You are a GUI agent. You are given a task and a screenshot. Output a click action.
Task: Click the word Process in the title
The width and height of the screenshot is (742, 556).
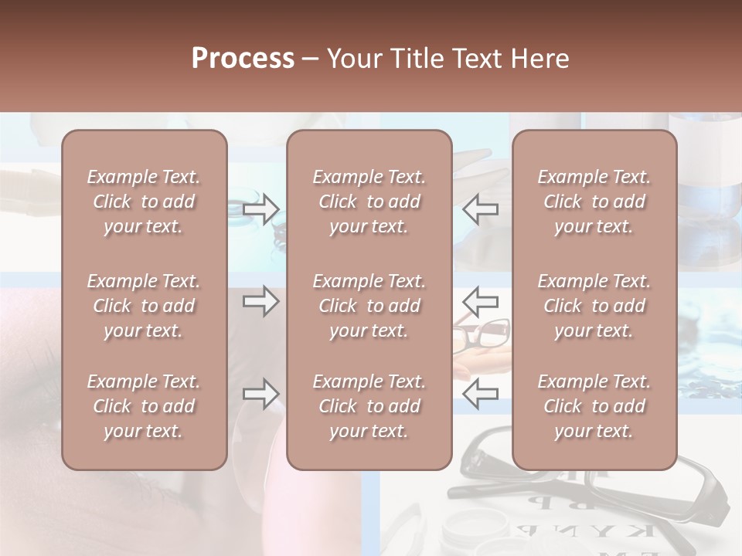click(x=243, y=59)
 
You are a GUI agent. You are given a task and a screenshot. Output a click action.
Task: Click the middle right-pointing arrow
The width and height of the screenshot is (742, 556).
click(x=260, y=301)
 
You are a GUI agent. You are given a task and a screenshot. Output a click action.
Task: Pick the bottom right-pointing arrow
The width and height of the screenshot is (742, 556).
click(x=260, y=394)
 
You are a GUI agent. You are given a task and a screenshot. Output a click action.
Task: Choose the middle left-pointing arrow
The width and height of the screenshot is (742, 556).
click(x=480, y=301)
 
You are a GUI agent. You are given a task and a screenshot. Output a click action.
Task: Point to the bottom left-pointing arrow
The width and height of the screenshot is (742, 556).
click(x=480, y=394)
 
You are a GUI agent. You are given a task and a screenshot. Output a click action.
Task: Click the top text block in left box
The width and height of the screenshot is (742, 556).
click(x=144, y=202)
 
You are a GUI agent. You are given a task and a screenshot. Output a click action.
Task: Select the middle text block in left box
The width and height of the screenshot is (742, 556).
click(x=144, y=306)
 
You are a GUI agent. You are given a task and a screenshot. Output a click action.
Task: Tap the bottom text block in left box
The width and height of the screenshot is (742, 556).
click(x=144, y=406)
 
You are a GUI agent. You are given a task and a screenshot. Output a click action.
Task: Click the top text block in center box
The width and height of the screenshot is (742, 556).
click(x=369, y=202)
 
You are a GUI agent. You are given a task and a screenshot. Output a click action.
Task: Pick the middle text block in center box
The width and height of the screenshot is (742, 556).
click(x=369, y=306)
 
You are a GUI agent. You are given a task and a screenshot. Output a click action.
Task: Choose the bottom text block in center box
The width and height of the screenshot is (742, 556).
click(x=369, y=406)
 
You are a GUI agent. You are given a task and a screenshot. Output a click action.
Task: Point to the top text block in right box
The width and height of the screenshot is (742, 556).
click(x=594, y=202)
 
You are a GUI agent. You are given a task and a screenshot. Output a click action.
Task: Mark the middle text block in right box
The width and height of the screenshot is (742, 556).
click(x=594, y=306)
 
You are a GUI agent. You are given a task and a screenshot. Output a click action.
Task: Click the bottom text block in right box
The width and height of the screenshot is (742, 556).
click(x=594, y=406)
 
